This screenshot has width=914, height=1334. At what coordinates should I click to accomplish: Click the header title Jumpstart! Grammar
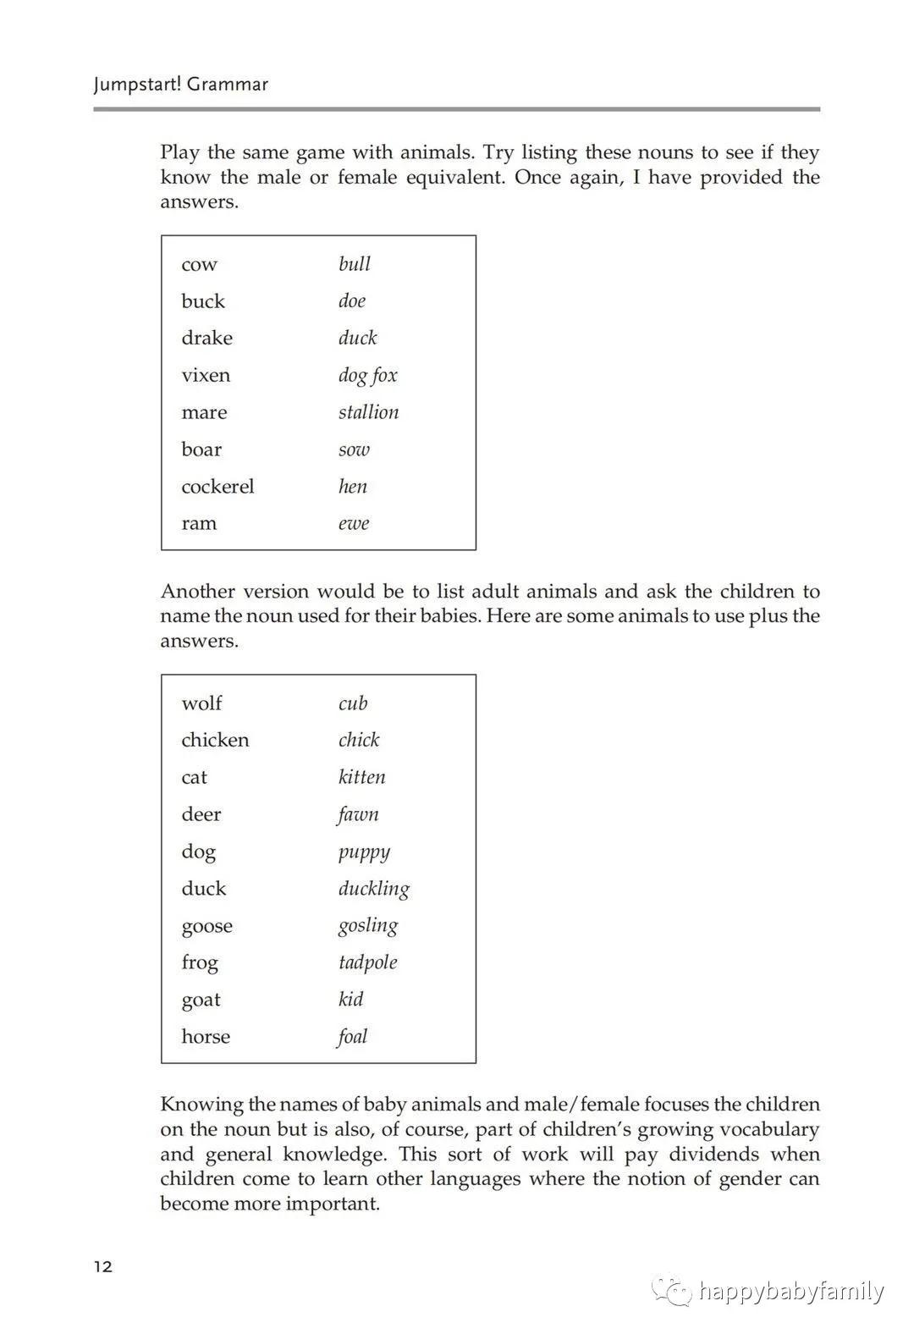tap(181, 84)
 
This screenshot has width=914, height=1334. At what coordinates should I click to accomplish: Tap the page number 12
tap(103, 1267)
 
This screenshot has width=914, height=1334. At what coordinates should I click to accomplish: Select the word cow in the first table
tap(199, 265)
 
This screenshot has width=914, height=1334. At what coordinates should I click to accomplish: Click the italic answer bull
tap(355, 264)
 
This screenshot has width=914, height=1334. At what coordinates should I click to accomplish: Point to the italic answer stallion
tap(368, 412)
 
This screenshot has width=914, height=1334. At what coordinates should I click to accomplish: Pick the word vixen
tap(206, 375)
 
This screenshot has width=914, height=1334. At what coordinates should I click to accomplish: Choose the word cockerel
tap(217, 487)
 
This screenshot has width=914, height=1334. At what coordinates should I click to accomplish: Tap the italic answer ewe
tap(354, 524)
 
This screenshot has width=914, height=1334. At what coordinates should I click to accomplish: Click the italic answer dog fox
tap(367, 376)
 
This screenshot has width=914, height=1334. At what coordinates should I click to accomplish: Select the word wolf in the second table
tap(201, 703)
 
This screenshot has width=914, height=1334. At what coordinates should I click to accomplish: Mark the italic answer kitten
tap(361, 777)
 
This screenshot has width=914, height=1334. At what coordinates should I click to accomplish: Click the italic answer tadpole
tap(367, 962)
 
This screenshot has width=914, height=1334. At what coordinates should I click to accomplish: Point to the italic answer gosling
tap(367, 926)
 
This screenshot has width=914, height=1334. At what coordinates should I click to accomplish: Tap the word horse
tap(206, 1037)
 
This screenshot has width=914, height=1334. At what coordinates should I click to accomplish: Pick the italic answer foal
tap(352, 1037)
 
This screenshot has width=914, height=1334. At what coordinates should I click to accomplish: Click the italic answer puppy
tap(364, 852)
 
